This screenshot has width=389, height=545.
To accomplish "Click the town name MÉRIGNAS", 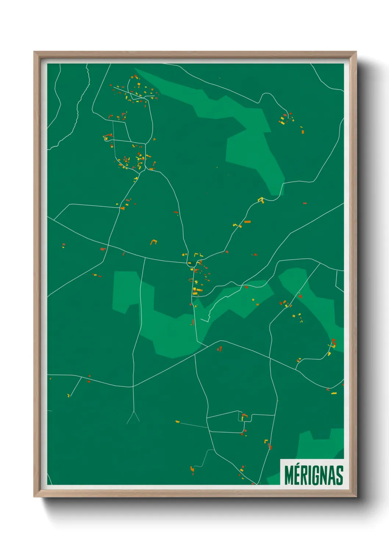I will coord(314,475).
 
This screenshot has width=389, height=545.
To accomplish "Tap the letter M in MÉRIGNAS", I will coord(289,475).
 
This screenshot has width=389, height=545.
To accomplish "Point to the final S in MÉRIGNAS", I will coord(339,475).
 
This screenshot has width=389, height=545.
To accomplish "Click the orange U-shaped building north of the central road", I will coord(153,242).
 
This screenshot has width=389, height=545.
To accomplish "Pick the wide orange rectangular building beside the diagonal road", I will coord(247,222).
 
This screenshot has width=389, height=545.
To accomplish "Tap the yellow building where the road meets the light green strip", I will coord(261,200).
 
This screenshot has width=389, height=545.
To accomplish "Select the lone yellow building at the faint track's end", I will coord(178,421).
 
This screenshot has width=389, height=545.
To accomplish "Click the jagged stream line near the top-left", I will coord(78,110).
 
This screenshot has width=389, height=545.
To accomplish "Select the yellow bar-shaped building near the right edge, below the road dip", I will coord(333,393).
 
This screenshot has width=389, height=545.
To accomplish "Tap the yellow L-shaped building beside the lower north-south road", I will coord(265,441).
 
